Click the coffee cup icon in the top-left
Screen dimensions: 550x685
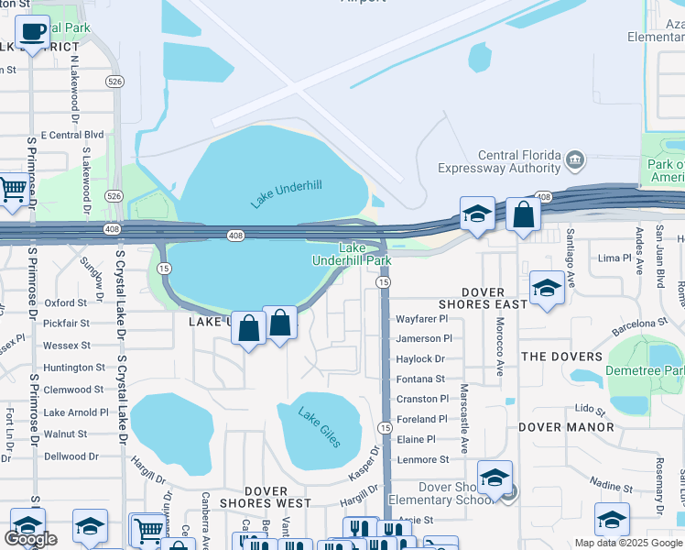33,32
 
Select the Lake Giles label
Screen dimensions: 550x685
319,427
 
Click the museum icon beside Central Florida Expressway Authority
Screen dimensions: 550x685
575,160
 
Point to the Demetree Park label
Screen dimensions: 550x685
645,371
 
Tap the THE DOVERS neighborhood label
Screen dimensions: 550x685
561,357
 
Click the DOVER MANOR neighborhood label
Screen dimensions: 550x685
566,427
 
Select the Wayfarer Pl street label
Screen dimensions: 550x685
421,319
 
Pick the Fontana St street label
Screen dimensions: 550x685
420,379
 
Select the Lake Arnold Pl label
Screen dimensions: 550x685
76,412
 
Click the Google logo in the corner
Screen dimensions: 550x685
31,538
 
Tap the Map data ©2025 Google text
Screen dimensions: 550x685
628,543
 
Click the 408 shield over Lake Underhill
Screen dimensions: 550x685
235,236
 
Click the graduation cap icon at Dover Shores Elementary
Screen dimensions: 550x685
495,478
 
